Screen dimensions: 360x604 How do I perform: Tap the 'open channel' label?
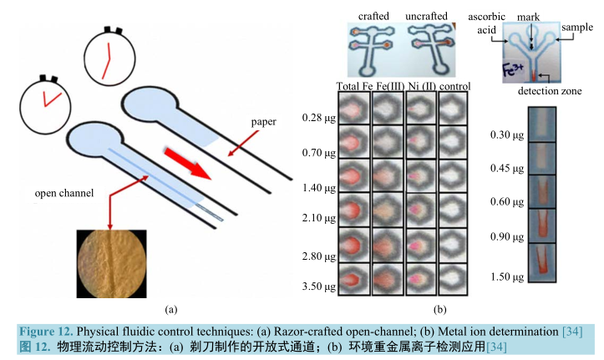pos(63,194)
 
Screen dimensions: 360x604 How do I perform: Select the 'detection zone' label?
pos(550,90)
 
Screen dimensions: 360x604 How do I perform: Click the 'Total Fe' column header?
pos(353,86)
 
